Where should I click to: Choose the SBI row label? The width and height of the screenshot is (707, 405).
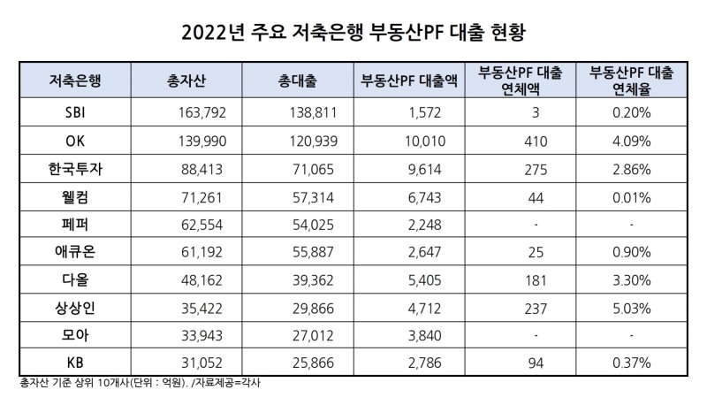(75, 113)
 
